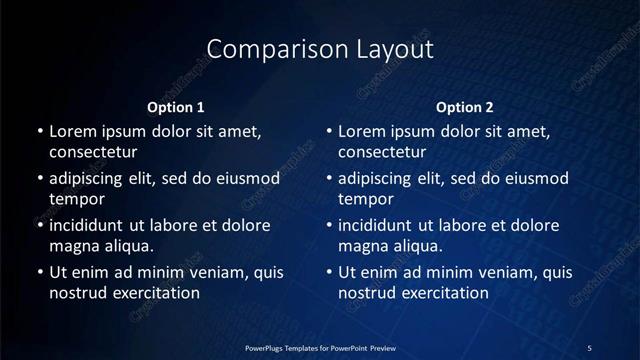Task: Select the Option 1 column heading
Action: pyautogui.click(x=176, y=107)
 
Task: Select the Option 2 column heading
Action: pyautogui.click(x=465, y=107)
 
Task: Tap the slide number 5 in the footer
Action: pyautogui.click(x=589, y=347)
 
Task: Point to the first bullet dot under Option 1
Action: pyautogui.click(x=39, y=131)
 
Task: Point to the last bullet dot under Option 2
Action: pyautogui.click(x=329, y=272)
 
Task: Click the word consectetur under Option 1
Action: pyautogui.click(x=93, y=152)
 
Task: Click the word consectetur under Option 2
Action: pyautogui.click(x=383, y=152)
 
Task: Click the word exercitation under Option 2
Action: pyautogui.click(x=440, y=293)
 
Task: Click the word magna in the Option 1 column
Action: pyautogui.click(x=71, y=245)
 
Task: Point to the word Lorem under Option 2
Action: pyautogui.click(x=362, y=131)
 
